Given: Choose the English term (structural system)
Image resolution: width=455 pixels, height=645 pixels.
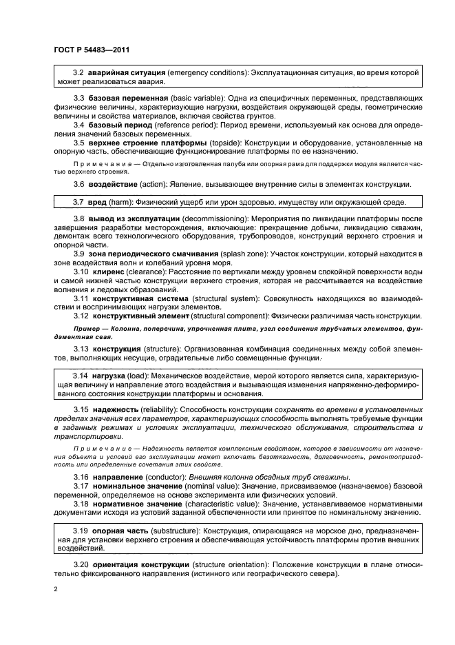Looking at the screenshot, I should [x=223, y=298].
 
